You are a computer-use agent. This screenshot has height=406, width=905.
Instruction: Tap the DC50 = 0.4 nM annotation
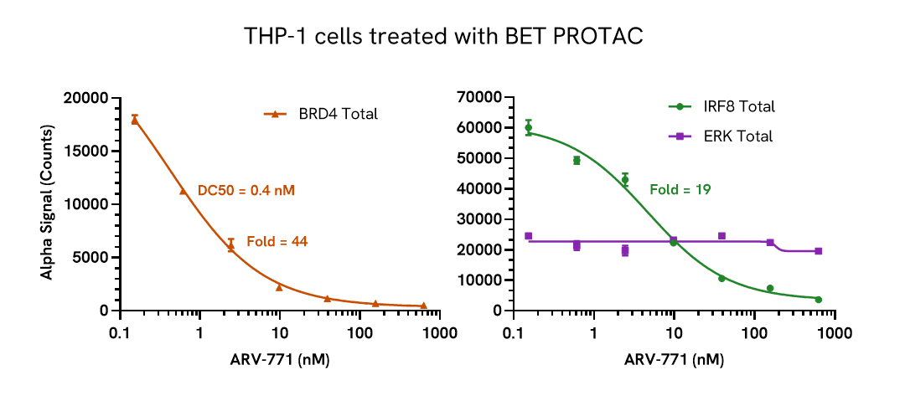246,191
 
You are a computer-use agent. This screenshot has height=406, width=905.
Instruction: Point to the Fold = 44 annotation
277,242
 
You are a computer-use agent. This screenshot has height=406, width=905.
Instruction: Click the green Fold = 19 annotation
680,190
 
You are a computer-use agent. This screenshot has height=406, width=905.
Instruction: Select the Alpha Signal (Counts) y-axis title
47,203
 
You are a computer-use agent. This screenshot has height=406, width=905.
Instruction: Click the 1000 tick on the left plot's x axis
439,332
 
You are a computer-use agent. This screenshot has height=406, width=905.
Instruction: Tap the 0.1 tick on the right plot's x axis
514,332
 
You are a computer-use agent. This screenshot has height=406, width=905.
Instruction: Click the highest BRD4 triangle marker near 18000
134,121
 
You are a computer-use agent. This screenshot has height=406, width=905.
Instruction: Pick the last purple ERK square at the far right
818,251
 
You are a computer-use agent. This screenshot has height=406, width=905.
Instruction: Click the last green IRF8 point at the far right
818,300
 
